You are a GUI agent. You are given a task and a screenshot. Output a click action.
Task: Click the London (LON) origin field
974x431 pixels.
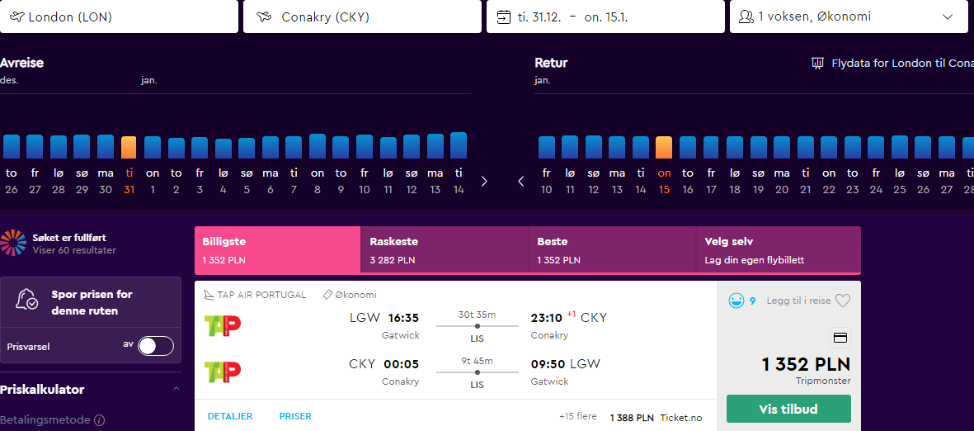point(119,17)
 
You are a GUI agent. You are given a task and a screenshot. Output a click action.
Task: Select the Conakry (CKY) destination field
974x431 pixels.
point(362,17)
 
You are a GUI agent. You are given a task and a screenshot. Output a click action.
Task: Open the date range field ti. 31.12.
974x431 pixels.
point(605,17)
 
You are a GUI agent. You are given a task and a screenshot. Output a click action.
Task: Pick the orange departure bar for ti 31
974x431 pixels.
point(129,148)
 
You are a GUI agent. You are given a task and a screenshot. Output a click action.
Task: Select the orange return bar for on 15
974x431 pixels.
point(664,148)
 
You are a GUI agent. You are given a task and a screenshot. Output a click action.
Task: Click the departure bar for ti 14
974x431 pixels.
point(459,145)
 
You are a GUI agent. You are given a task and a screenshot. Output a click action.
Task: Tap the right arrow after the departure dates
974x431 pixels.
point(484,182)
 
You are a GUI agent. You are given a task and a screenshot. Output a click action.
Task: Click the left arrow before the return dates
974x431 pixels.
point(521,182)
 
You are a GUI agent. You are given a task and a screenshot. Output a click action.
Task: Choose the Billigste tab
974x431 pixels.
point(278,249)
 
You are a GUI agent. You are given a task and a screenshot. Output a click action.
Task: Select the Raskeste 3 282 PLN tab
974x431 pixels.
point(445,249)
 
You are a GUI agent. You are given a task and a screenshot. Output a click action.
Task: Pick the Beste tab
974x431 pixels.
point(613,249)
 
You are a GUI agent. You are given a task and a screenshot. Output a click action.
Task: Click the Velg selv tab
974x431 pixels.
point(779,249)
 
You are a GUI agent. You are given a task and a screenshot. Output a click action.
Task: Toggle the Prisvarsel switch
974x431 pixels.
point(156,346)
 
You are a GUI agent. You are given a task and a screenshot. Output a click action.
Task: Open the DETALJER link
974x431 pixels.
point(230,416)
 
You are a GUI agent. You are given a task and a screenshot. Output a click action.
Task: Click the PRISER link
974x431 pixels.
point(295,416)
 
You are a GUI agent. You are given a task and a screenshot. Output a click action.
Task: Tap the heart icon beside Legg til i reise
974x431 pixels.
point(842,301)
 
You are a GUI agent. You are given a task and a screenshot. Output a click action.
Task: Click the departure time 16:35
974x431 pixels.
point(403,319)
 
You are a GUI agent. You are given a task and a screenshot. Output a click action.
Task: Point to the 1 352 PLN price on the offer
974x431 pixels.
point(807,364)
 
